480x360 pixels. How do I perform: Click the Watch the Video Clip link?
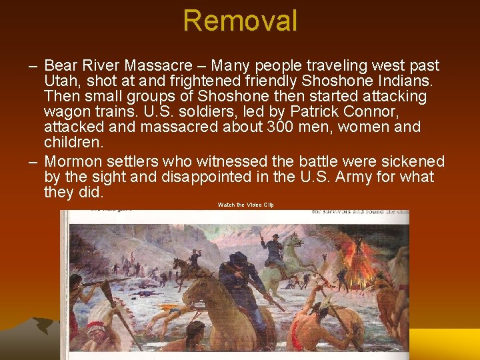click(245, 205)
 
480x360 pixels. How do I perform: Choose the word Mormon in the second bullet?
click(71, 162)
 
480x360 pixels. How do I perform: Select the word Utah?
click(60, 81)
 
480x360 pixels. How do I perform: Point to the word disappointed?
click(205, 177)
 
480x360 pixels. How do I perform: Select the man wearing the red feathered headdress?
click(97, 330)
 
